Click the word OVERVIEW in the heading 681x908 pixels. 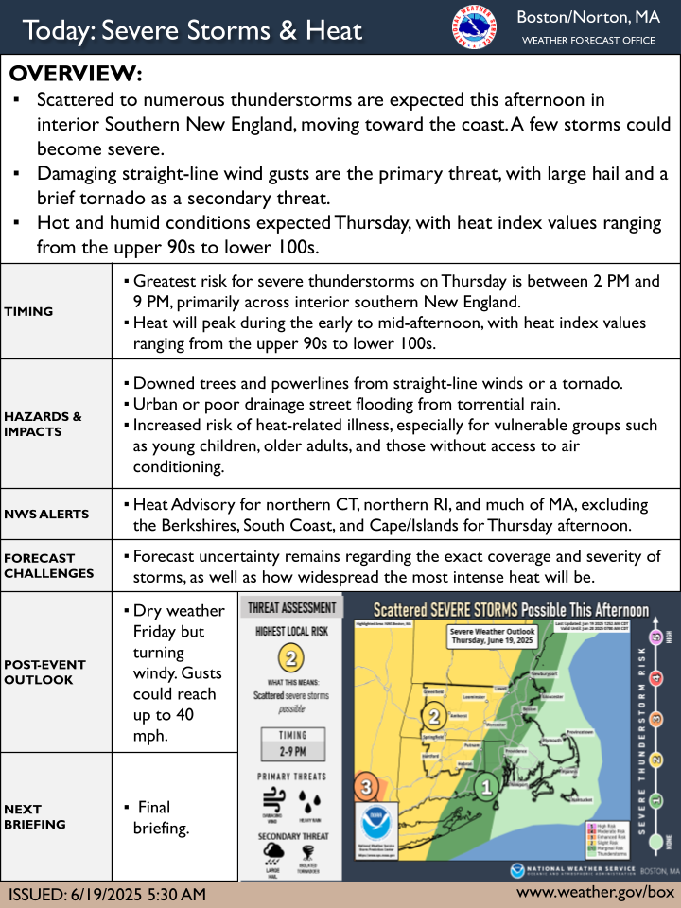click(x=76, y=74)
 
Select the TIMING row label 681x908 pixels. click(x=28, y=311)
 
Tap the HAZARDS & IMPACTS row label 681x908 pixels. click(x=43, y=424)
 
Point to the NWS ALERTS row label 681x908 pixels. click(x=45, y=515)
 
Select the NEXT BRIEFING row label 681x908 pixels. click(x=34, y=816)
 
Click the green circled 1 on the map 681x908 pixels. click(x=486, y=785)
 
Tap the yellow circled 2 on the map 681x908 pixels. click(x=434, y=716)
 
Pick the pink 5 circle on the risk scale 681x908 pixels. click(x=657, y=637)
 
